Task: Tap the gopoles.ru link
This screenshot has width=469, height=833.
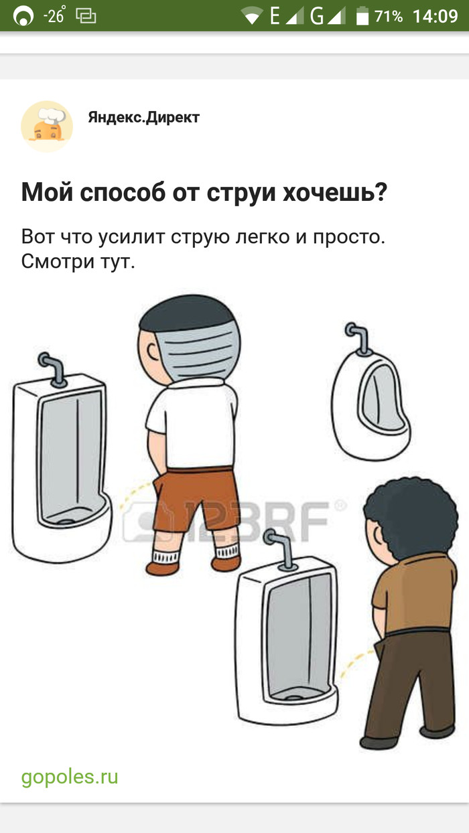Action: [x=70, y=777]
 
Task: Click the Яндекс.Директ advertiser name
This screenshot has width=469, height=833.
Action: [x=143, y=118]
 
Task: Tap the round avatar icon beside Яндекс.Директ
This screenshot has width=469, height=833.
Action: [x=46, y=126]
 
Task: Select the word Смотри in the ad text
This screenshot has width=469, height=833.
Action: [x=58, y=261]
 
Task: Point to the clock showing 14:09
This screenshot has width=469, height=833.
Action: [x=435, y=16]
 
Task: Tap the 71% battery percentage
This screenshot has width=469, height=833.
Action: [x=389, y=16]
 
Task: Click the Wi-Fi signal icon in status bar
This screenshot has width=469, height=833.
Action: [x=252, y=16]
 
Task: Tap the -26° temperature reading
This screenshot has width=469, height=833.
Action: [x=53, y=16]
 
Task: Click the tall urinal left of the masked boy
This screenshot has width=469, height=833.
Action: [x=60, y=462]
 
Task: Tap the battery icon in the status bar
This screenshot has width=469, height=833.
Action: [x=362, y=16]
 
